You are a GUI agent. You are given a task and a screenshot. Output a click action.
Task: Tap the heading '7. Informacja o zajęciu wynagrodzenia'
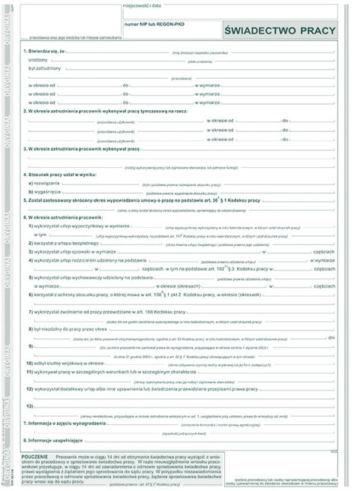(65, 424)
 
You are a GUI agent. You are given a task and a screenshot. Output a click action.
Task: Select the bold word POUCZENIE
(37, 456)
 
